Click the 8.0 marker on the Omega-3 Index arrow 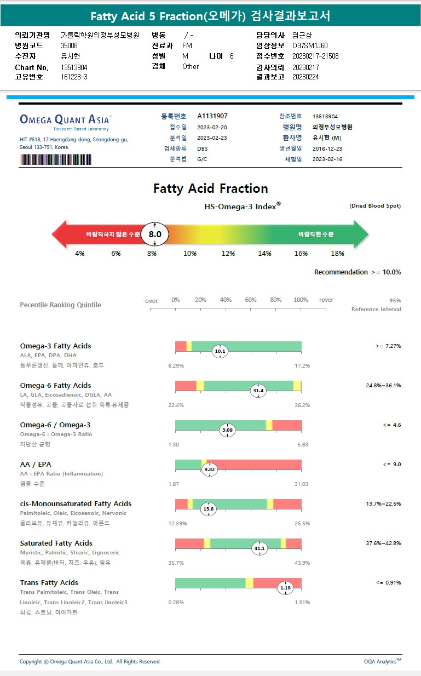coord(155,234)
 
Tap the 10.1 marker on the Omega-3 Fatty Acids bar coord(220,351)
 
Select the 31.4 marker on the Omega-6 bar coord(258,391)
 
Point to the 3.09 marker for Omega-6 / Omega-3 coord(227,430)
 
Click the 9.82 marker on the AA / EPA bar coord(210,469)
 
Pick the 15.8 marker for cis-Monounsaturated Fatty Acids coord(209,509)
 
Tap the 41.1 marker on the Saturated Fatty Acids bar coord(259,548)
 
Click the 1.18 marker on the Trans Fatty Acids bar coord(285,588)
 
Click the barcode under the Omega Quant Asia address coord(56,159)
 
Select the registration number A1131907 coord(212,116)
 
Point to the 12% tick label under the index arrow coord(228,254)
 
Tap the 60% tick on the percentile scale coord(251,300)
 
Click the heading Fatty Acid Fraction coord(211,188)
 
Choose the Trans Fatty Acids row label coord(49,582)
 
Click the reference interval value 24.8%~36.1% coord(383,386)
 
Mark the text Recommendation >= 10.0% coord(357,272)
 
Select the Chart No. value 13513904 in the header coord(74,67)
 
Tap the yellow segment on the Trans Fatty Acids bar coord(249,582)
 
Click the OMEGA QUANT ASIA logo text coord(64,119)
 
